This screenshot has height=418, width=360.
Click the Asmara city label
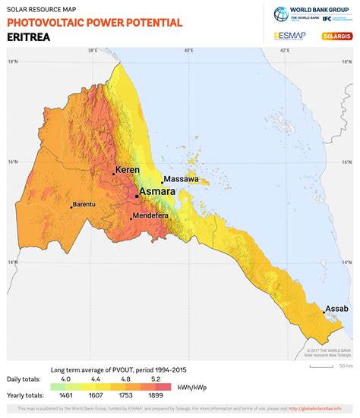(x=158, y=192)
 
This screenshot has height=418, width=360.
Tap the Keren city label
(x=127, y=170)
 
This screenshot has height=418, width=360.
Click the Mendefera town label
(x=151, y=215)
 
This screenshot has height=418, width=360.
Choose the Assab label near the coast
(x=336, y=308)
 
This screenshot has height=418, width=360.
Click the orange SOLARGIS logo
(x=336, y=36)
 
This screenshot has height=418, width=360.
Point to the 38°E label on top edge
(x=92, y=51)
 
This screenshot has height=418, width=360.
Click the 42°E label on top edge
(x=285, y=51)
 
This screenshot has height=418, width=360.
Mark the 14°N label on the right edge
(x=346, y=262)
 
